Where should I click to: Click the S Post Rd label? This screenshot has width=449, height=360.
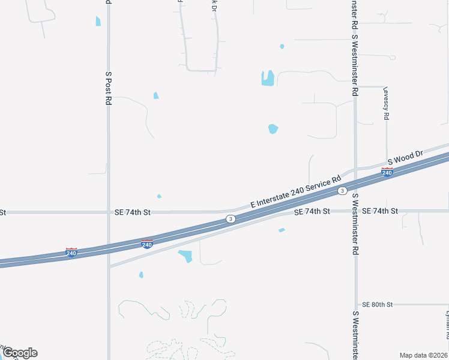point(109,89)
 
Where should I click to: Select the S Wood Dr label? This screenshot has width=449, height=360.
point(405,158)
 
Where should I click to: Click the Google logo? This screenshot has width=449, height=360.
point(19,353)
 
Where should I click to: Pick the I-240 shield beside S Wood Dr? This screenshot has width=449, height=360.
point(387,173)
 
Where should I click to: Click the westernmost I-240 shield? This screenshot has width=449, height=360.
point(71,253)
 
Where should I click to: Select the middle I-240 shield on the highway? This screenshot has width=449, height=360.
point(146,244)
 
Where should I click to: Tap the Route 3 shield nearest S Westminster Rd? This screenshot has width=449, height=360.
point(342,191)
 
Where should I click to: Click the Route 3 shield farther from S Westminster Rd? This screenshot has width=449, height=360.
point(231,219)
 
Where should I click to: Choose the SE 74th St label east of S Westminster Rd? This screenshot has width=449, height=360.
point(380,211)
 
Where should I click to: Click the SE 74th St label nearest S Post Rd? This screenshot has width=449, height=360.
point(133,212)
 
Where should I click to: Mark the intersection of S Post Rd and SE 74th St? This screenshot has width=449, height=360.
point(109,212)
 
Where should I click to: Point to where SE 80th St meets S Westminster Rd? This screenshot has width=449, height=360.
point(355,304)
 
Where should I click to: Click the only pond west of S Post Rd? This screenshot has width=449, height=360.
point(98,21)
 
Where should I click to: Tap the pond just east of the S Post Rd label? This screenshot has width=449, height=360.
point(156,95)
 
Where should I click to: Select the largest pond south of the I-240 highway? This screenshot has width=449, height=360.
point(185,256)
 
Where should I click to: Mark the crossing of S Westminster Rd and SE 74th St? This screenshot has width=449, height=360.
point(355,211)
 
